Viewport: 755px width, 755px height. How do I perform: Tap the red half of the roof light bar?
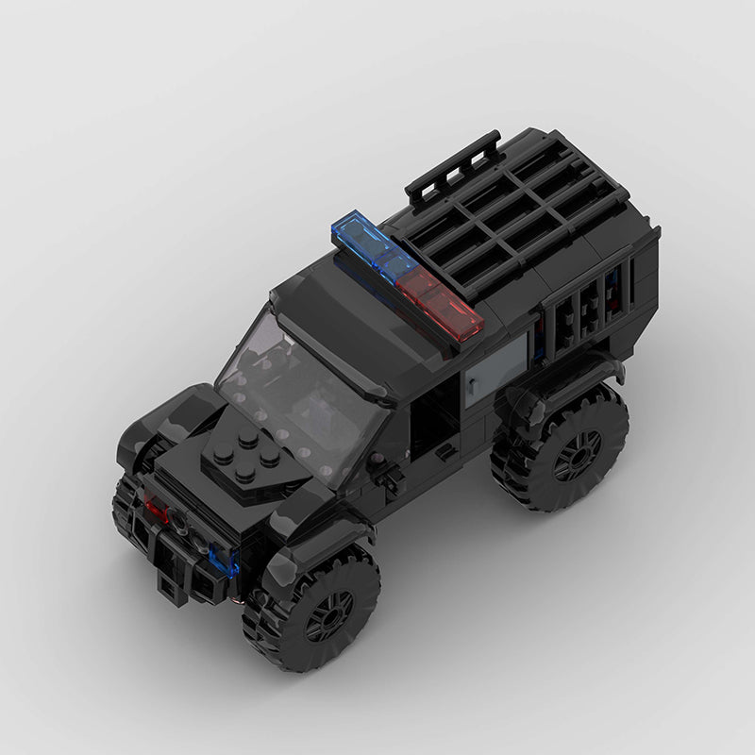tap(442, 299)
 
